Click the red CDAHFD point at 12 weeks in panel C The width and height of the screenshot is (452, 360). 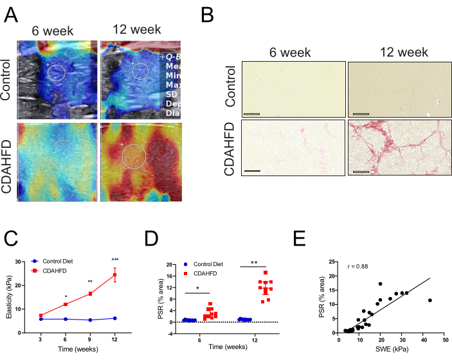coord(115,275)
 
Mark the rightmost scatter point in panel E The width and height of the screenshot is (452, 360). coord(429,300)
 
